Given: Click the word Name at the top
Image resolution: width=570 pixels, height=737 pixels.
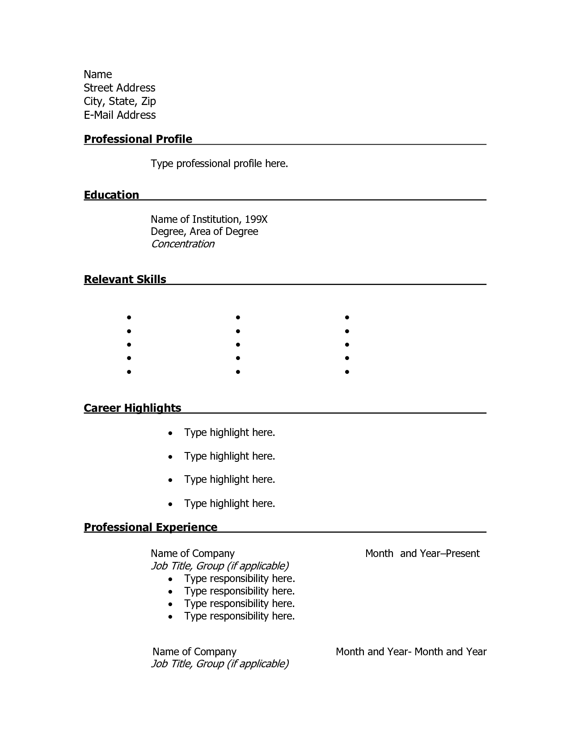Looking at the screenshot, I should pyautogui.click(x=97, y=75).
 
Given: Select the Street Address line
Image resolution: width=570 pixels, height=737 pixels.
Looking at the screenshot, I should pyautogui.click(x=119, y=88).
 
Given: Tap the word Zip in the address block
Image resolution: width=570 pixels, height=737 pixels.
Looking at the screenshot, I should pyautogui.click(x=148, y=101).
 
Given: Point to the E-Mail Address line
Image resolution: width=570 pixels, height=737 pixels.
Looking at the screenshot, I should pyautogui.click(x=120, y=115).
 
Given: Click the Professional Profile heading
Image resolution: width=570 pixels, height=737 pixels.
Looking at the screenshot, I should pyautogui.click(x=138, y=139).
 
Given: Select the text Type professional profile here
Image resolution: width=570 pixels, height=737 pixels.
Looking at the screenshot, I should pyautogui.click(x=219, y=164).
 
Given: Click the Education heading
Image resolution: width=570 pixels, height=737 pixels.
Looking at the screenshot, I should pyautogui.click(x=111, y=195).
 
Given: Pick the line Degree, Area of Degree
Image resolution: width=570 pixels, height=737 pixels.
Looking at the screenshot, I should pyautogui.click(x=204, y=231).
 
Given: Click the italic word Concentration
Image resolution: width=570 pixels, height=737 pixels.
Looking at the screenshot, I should pyautogui.click(x=182, y=244).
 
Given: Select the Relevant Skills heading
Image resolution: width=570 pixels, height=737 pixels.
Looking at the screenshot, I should pyautogui.click(x=125, y=280).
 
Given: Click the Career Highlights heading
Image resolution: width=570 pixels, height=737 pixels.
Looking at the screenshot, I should pyautogui.click(x=132, y=408).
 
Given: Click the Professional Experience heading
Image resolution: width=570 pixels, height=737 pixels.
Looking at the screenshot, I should pyautogui.click(x=151, y=528).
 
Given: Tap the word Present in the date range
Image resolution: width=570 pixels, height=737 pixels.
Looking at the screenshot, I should pyautogui.click(x=463, y=554).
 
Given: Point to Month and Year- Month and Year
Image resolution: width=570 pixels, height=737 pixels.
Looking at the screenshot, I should pyautogui.click(x=411, y=652).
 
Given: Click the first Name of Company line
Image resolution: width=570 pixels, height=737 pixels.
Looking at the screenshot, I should pyautogui.click(x=192, y=554).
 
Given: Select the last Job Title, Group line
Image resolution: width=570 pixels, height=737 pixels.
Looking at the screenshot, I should pyautogui.click(x=220, y=664).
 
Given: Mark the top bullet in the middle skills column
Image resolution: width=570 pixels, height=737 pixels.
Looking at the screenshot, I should pyautogui.click(x=238, y=318).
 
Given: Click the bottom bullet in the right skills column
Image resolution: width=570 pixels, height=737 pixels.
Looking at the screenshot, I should pyautogui.click(x=347, y=372).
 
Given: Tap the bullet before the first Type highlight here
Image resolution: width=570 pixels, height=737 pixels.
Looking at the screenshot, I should pyautogui.click(x=170, y=433).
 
